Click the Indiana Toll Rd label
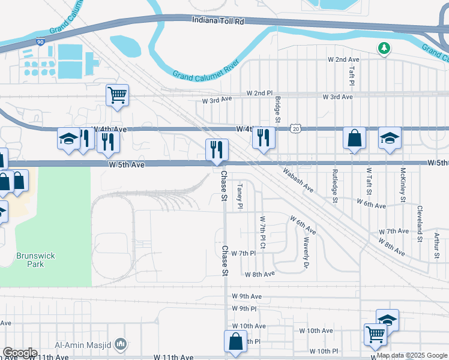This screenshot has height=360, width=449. click(x=218, y=20)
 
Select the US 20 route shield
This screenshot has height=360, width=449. click(x=295, y=128)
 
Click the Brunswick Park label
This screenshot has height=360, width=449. click(x=36, y=260)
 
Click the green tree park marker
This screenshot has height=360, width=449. click(x=382, y=47)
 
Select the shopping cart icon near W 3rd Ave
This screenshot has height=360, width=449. click(x=117, y=94)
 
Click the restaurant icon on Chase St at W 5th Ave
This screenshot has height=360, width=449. click(x=216, y=148)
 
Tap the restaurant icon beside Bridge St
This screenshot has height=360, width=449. click(x=264, y=137)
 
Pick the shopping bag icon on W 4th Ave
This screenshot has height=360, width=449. click(x=354, y=137)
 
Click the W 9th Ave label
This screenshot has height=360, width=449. click(x=247, y=296)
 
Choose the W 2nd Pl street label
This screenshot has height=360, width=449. click(x=259, y=94)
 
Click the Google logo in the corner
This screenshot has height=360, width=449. click(x=19, y=353)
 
